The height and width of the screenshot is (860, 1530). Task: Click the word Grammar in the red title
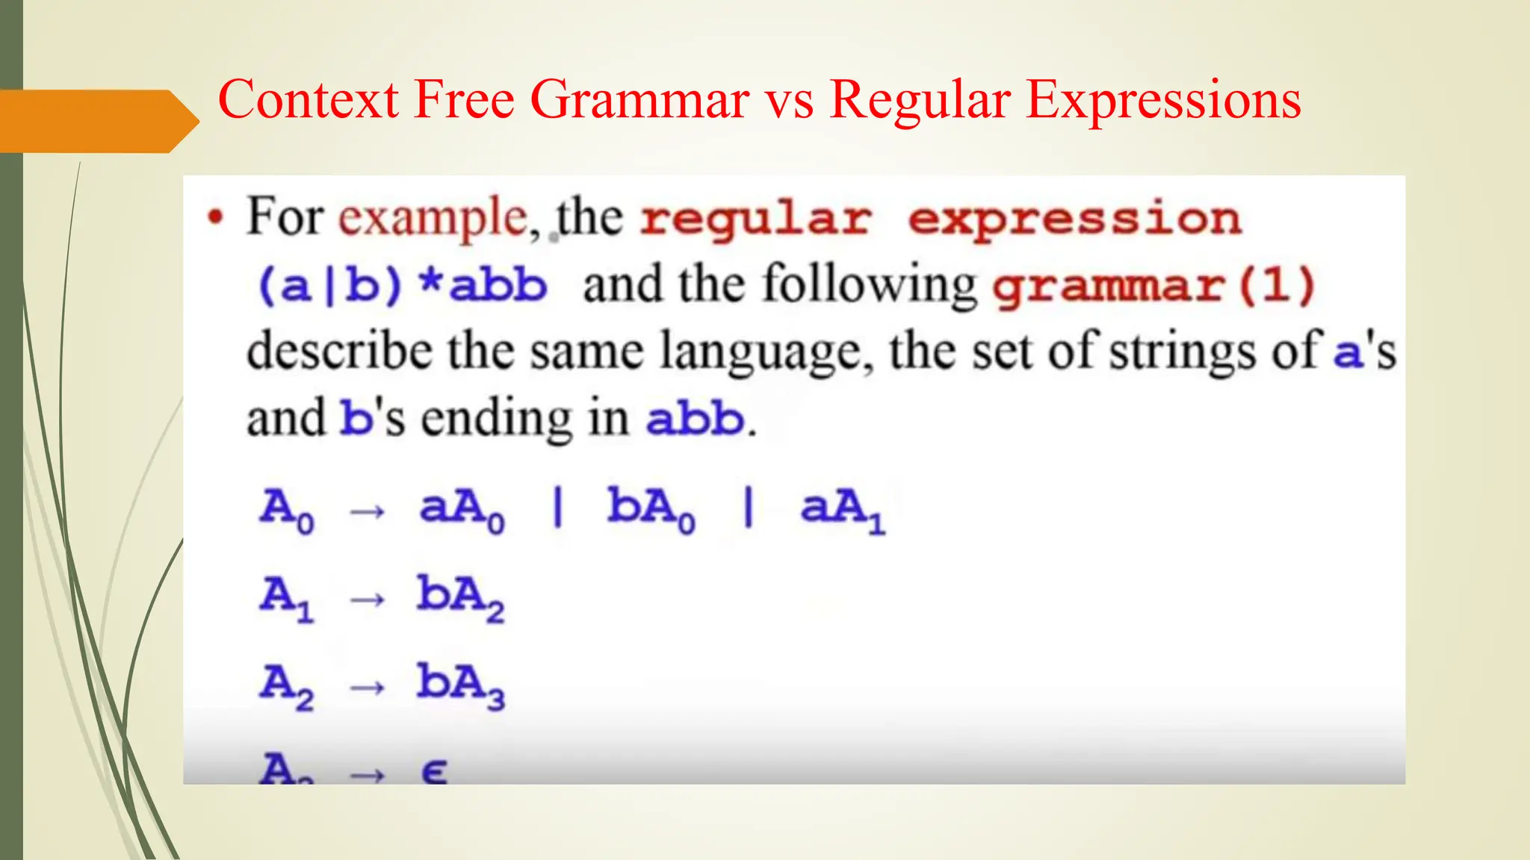click(639, 100)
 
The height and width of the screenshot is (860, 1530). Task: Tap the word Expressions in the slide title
click(1163, 100)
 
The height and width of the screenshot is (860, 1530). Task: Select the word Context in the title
click(308, 100)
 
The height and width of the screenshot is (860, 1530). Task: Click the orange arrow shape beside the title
click(97, 121)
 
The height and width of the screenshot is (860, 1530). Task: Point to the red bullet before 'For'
click(216, 218)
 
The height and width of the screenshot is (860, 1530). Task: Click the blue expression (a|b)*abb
click(402, 285)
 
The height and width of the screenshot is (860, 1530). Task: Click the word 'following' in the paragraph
click(869, 285)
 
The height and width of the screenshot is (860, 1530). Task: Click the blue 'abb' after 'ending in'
click(695, 418)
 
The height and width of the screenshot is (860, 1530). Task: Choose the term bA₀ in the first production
click(651, 509)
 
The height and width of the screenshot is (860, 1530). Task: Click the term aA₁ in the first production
click(842, 509)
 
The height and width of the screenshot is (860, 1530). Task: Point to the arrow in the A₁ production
click(368, 599)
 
